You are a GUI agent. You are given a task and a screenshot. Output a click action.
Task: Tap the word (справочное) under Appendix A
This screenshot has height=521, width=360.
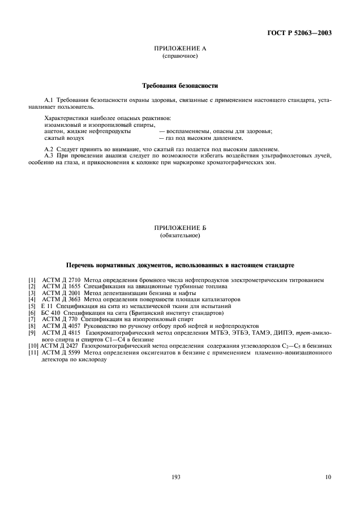pyautogui.click(x=179, y=57)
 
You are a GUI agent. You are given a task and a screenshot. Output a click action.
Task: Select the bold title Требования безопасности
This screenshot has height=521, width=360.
pyautogui.click(x=179, y=86)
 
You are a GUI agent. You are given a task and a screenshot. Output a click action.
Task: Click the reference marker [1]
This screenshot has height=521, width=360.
pyautogui.click(x=32, y=280)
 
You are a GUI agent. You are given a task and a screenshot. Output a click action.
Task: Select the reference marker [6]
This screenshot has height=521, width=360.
pyautogui.click(x=32, y=313)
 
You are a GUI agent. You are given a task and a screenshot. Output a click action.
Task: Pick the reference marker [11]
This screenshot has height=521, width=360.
pyautogui.click(x=33, y=352)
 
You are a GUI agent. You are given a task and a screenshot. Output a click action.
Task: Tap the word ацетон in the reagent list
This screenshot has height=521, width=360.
pyautogui.click(x=54, y=131)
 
